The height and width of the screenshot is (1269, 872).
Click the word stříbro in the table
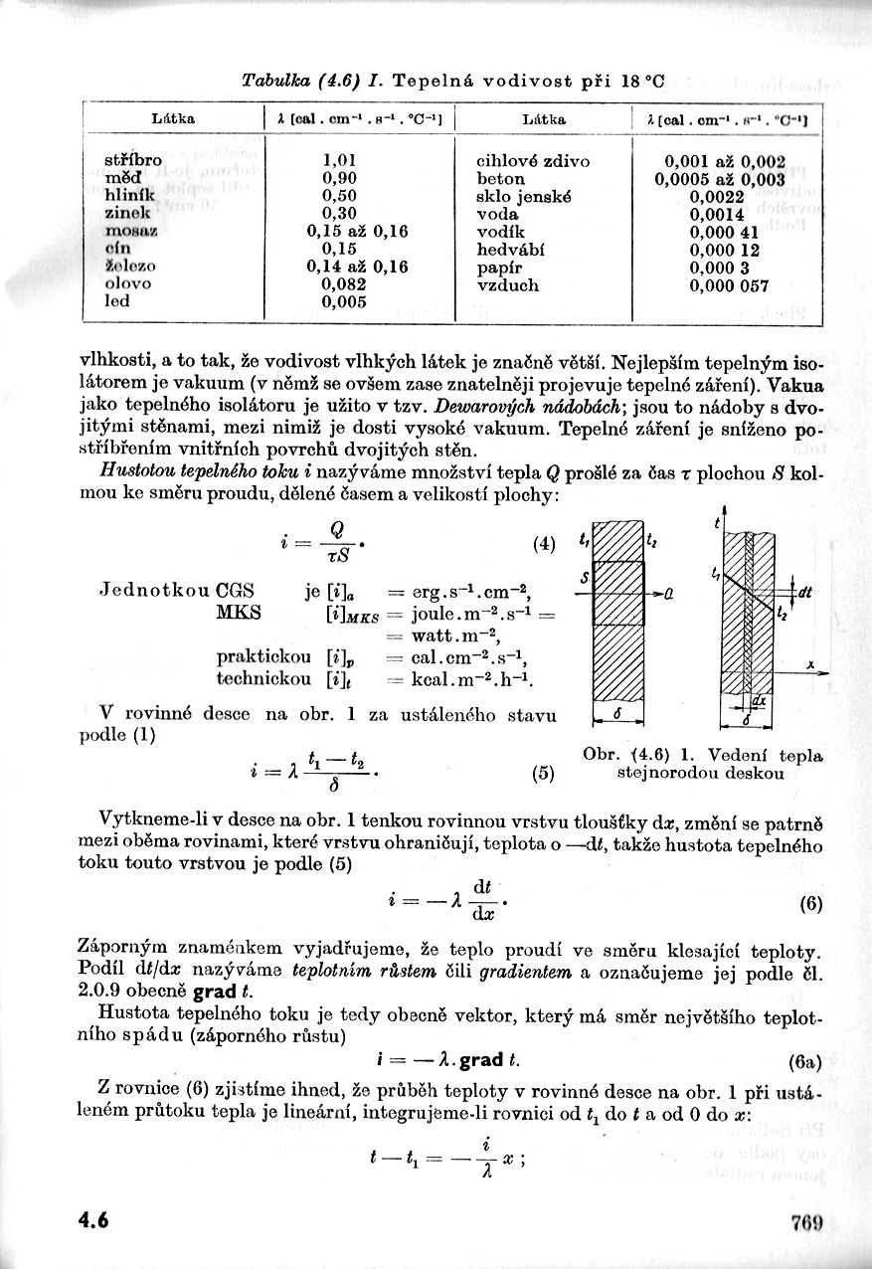coord(133,159)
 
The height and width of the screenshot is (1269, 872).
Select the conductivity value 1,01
coord(339,159)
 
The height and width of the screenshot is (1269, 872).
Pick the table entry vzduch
coord(508,285)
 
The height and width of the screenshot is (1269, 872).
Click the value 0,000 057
coord(729,285)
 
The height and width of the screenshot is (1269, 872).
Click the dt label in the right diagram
coord(804,593)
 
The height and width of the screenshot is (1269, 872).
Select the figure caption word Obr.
coord(601,755)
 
